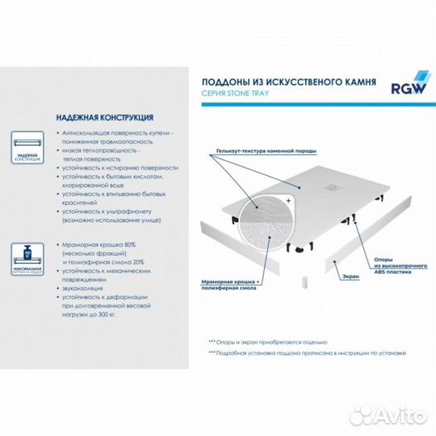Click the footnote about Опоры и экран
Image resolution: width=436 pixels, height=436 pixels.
(267, 342)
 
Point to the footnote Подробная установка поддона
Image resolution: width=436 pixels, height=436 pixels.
(307, 354)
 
